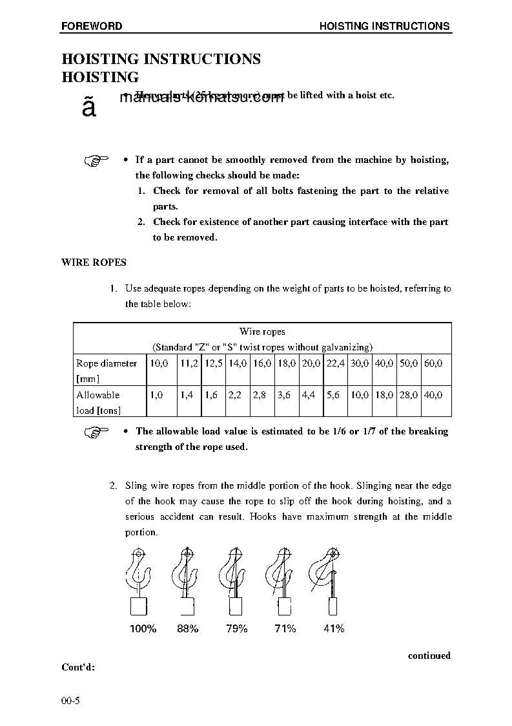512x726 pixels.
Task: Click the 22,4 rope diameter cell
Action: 336,363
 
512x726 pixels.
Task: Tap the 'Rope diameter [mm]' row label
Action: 107,370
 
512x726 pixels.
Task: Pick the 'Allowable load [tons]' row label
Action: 98,402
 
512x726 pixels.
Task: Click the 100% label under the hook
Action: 143,628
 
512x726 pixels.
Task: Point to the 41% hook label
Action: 334,628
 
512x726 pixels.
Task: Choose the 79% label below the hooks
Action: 237,628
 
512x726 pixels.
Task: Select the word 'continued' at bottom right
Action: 429,656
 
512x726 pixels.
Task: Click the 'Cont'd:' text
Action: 78,667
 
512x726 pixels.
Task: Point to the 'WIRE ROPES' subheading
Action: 94,262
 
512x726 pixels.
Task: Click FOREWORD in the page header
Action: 92,27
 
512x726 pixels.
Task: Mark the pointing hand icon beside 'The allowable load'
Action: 97,432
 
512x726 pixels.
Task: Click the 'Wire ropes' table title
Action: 262,332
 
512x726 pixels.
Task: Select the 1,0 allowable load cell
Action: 156,394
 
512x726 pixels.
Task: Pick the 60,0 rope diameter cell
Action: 433,363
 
